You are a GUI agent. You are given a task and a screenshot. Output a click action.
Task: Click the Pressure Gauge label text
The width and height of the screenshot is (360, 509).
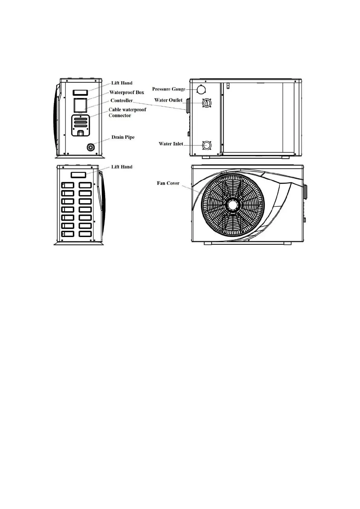coord(168,89)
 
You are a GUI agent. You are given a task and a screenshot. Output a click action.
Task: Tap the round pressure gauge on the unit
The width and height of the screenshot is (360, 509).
coord(201,89)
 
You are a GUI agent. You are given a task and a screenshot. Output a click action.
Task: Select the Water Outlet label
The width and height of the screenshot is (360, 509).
coord(168,100)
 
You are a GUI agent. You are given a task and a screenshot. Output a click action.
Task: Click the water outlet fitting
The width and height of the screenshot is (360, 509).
coord(207,103)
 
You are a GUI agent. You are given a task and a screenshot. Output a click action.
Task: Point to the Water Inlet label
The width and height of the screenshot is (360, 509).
coord(171,144)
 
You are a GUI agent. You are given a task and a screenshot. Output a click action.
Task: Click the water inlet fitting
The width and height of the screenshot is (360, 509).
coord(206,145)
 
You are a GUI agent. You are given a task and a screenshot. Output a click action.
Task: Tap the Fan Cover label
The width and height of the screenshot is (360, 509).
coord(168,183)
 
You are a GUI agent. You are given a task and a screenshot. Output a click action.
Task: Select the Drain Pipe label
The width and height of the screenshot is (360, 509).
coord(123,137)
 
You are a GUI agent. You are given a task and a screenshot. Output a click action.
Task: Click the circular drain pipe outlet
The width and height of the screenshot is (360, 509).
coord(91,148)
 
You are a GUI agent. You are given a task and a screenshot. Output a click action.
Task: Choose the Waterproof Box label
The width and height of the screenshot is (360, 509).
coord(126,92)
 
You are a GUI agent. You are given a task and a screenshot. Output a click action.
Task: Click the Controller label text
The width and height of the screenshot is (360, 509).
coord(121,101)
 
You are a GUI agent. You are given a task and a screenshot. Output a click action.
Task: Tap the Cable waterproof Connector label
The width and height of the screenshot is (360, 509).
coord(127,112)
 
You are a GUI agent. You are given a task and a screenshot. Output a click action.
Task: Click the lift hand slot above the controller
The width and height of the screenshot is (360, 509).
coord(80,92)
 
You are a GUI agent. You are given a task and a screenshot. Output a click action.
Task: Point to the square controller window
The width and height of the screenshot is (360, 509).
coord(80,105)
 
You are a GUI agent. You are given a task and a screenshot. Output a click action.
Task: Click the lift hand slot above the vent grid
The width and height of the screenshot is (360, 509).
coord(79,175)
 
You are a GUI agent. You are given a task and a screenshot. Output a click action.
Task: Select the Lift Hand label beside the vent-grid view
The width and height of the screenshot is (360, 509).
coord(122,167)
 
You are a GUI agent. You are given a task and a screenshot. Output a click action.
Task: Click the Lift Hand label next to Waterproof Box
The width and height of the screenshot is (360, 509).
coord(122,83)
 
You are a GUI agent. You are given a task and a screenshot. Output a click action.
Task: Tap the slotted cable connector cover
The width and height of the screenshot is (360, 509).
coord(80,125)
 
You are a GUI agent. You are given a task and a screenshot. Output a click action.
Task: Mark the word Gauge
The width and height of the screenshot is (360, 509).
coord(179,89)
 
